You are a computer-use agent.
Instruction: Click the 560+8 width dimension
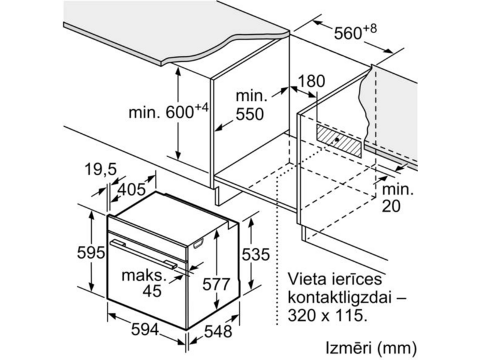(355, 32)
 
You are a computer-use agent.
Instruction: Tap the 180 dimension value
(311, 82)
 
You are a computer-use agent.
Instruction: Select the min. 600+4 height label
(169, 112)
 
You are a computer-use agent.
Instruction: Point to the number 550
(250, 114)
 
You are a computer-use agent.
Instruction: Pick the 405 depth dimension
(132, 190)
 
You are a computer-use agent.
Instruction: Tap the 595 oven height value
(91, 253)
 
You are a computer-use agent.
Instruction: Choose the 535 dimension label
(256, 254)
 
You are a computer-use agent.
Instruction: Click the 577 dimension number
(216, 284)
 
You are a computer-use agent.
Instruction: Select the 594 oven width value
(145, 329)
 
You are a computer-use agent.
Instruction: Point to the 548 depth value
(218, 331)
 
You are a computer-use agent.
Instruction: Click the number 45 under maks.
(152, 290)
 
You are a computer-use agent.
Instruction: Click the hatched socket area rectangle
(339, 141)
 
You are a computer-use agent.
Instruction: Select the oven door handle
(143, 254)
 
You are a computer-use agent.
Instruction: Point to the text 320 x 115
(327, 316)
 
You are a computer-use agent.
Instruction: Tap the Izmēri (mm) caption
(371, 349)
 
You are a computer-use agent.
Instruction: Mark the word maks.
(144, 275)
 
